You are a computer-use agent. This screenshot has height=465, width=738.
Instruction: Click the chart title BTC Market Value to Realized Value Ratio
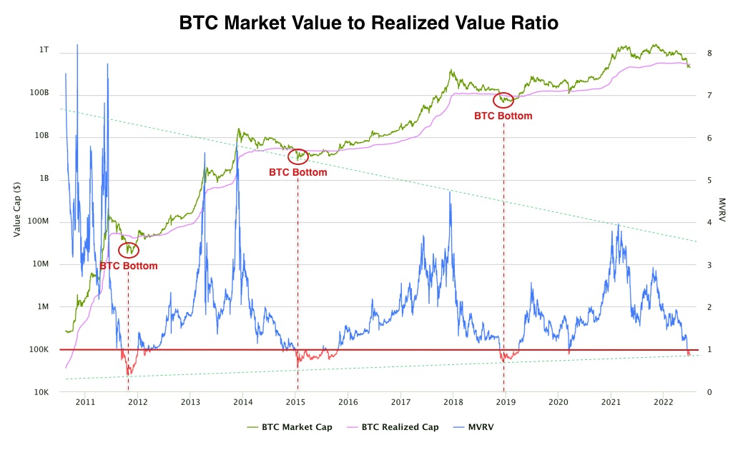(368, 23)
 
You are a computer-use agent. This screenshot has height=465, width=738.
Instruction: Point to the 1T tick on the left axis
(44, 50)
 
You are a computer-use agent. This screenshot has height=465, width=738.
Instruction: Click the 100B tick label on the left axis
(40, 93)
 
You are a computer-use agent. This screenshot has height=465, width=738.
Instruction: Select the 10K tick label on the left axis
(41, 392)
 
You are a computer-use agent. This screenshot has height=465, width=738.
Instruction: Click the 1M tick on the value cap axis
(43, 306)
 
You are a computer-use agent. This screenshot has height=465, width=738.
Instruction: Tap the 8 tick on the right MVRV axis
(708, 53)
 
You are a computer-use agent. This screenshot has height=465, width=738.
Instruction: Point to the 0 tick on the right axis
(708, 392)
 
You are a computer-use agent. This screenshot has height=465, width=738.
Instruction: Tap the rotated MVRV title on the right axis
(722, 210)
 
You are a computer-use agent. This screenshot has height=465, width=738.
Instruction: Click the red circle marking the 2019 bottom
(504, 99)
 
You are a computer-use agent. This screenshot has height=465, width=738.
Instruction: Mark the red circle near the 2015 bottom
(297, 156)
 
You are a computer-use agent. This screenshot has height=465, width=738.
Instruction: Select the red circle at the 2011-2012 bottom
(129, 250)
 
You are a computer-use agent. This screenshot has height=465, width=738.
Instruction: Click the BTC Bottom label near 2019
(503, 116)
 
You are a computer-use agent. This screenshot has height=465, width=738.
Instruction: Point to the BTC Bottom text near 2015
(297, 172)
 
